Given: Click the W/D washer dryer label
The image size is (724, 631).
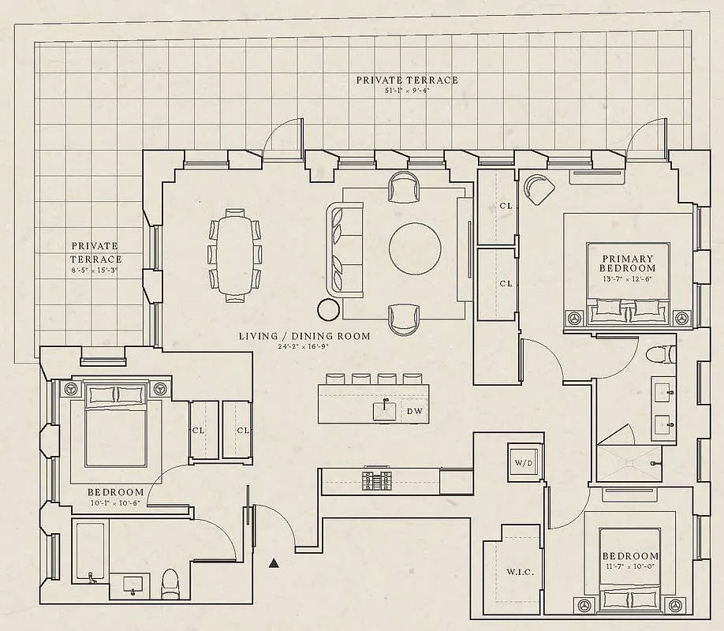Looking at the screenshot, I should tap(524, 463).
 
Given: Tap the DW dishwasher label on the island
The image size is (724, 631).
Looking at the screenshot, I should tap(414, 411).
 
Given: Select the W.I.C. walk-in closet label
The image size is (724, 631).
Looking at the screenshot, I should tap(520, 572).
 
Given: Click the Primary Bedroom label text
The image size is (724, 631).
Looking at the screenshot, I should tap(628, 263).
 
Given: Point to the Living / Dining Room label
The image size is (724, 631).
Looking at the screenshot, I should tap(304, 336).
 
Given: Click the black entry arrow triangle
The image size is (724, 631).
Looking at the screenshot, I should tap(274, 562).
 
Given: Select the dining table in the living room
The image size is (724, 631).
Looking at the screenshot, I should tap(233, 254).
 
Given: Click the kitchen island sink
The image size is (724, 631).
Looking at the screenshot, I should tap(384, 411).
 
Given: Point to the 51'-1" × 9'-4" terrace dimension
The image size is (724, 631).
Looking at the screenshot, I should tap(406, 91).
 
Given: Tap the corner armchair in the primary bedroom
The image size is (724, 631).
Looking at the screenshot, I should tap(539, 189).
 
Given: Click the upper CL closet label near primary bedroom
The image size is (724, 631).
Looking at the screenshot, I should tap(506, 207).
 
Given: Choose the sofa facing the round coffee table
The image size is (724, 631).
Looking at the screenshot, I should tap(345, 248).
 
